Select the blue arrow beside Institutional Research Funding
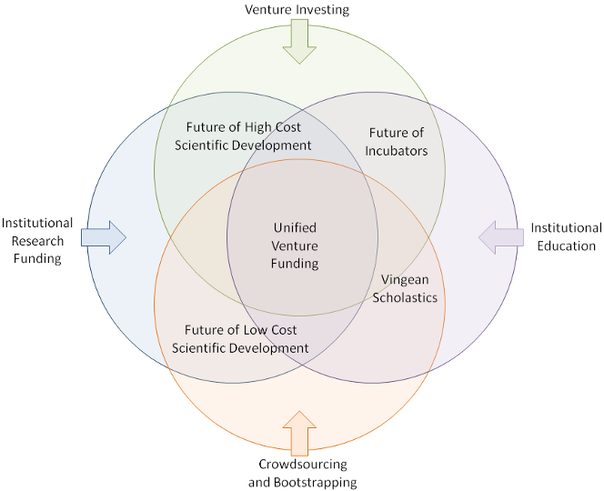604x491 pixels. (x=103, y=237)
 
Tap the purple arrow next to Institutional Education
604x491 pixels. (x=501, y=237)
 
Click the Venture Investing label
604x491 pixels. (x=297, y=10)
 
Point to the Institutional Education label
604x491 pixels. (x=566, y=236)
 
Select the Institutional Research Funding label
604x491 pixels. (x=37, y=240)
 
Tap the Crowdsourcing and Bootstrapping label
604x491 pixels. (x=302, y=473)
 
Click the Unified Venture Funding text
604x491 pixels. (x=296, y=245)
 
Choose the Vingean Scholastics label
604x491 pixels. (x=408, y=289)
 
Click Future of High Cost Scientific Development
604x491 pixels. (x=248, y=136)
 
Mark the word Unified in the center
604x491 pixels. (x=296, y=227)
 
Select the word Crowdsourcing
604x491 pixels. (x=302, y=465)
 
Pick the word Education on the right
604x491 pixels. (x=566, y=245)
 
